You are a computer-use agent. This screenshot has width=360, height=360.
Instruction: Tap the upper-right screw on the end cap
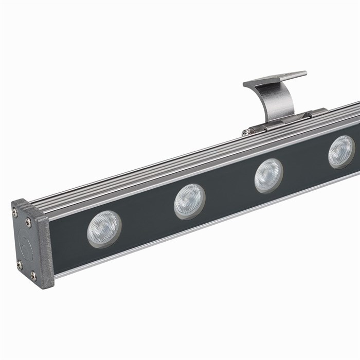[x=29, y=222]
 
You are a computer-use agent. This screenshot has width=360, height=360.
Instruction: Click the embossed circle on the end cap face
[x=24, y=242]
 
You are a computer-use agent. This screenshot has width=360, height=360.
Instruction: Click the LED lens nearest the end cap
[x=104, y=228]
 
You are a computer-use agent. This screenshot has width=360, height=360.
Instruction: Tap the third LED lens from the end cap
[x=268, y=175]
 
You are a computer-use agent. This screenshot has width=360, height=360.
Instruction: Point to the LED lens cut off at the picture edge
[x=341, y=152]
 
